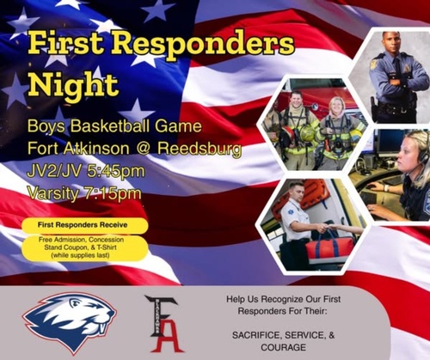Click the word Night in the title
pos(74,84)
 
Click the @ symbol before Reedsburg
pos(144,149)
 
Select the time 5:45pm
pos(115,171)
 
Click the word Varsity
pos(53,194)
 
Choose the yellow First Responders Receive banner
pos(85,225)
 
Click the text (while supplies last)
pos(80,255)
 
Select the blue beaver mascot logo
pos(70,322)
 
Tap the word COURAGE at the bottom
pos(283,347)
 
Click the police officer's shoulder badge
pos(374,64)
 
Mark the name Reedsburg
pos(200,149)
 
